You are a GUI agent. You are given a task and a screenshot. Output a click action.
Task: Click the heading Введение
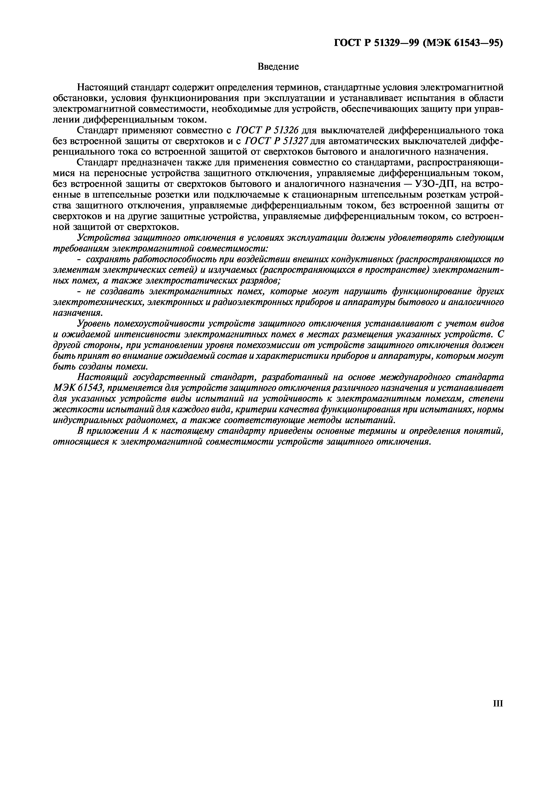coord(278,67)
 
